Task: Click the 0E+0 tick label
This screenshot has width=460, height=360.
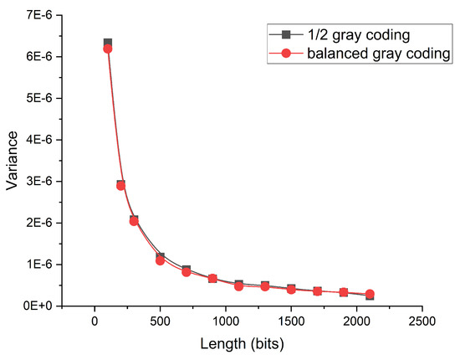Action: (x=38, y=306)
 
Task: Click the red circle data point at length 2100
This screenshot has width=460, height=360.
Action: (x=370, y=294)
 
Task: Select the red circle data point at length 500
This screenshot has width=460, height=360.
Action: (x=160, y=260)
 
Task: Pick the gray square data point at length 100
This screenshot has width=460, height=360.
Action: (x=108, y=43)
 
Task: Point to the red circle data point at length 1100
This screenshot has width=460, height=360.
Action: (x=238, y=286)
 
